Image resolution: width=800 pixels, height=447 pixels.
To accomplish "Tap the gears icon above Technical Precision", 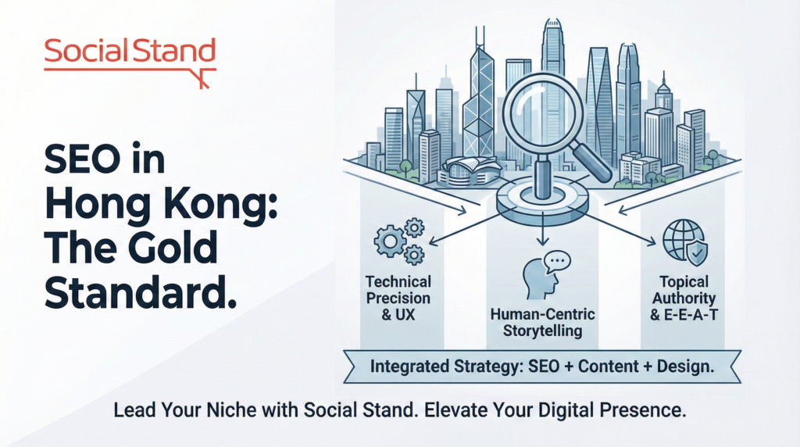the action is (x=399, y=241).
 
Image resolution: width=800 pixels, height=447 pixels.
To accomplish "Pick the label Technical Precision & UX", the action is (x=398, y=298).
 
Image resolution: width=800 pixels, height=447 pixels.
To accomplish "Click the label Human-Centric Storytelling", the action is (x=542, y=322).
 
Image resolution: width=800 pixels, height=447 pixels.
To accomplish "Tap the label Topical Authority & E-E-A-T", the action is (x=684, y=298).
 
